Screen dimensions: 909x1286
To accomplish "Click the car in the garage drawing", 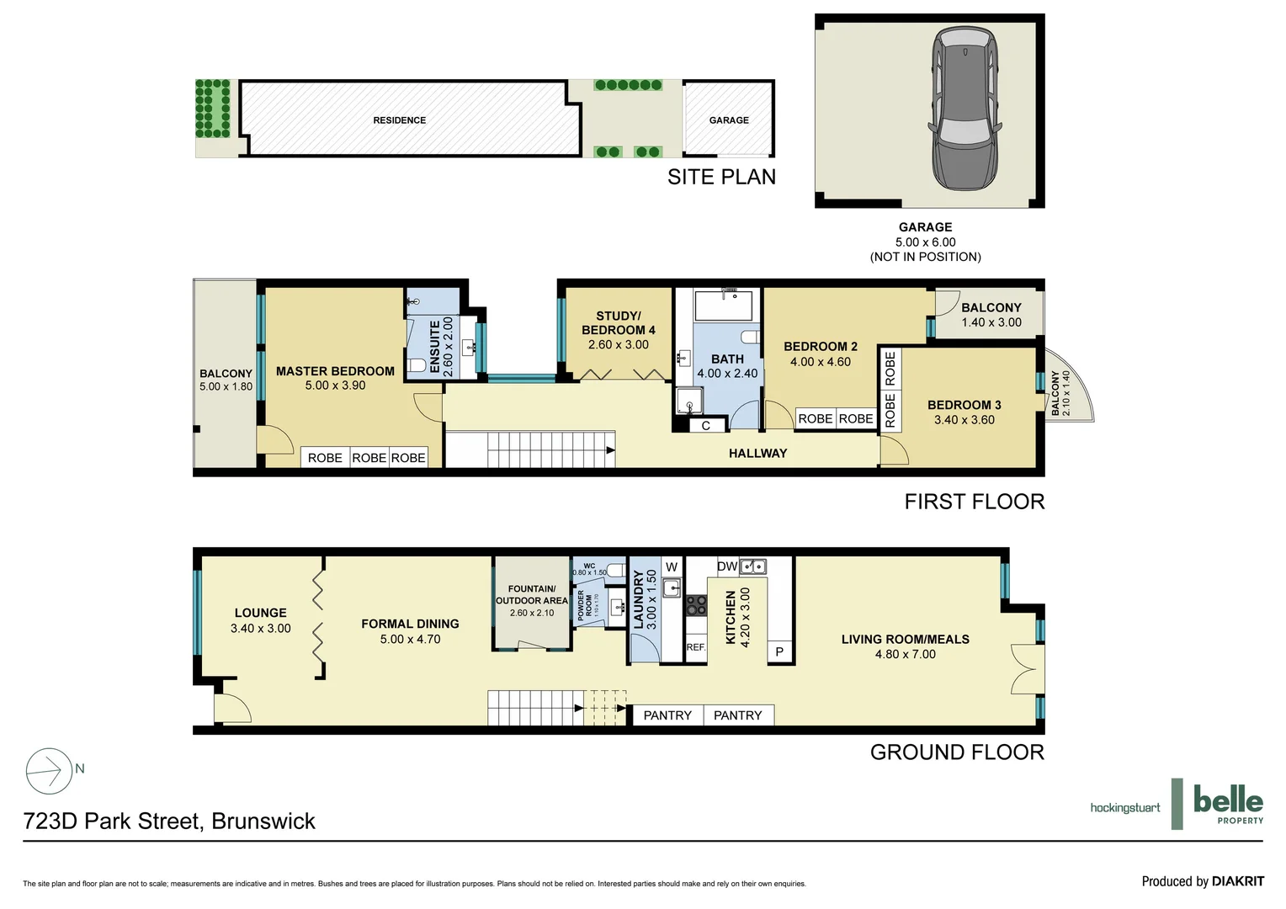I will coord(965,109).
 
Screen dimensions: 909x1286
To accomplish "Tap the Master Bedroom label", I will coord(335,371).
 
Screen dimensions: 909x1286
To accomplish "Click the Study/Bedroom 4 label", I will coord(618,323).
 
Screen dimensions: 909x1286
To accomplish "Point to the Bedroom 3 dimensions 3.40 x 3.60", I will coord(964,420).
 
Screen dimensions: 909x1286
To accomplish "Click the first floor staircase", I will coord(531,449).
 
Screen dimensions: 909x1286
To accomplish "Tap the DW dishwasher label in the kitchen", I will coord(727,566).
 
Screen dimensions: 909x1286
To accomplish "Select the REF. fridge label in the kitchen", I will coord(695,647).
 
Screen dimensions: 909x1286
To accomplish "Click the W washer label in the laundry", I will coord(672,567).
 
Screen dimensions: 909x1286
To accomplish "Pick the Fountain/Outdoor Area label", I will coord(531,594).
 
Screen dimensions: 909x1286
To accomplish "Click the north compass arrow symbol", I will coord(50,771).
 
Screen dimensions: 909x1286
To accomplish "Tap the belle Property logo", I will coord(1228,804).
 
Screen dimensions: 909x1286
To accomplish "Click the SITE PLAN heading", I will coord(721,177).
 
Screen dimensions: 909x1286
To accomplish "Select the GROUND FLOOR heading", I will coord(956,752).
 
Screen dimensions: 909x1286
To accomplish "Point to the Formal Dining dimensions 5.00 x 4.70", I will coord(410,639).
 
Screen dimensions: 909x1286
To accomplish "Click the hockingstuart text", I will coord(1124,808).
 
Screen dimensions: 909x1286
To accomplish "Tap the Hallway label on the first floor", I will coord(757,453).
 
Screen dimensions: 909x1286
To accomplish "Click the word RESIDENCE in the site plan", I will coord(399,120).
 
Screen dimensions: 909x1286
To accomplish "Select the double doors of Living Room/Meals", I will coord(1025,667).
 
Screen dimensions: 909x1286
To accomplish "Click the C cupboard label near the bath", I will coord(705,426).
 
